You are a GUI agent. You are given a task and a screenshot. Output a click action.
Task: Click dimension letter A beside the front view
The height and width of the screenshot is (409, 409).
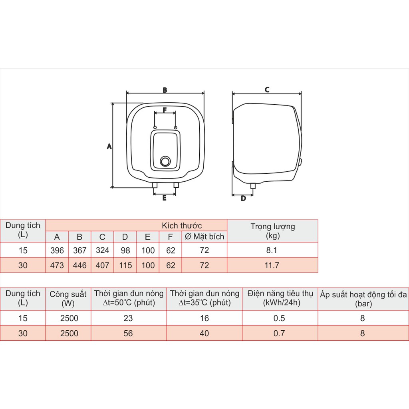[109, 146]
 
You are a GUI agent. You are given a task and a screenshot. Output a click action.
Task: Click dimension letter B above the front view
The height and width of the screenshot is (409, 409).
[165, 90]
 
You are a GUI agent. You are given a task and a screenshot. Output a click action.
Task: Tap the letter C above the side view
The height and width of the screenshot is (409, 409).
[267, 90]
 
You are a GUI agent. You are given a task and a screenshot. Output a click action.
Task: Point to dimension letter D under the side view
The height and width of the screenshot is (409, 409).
[243, 198]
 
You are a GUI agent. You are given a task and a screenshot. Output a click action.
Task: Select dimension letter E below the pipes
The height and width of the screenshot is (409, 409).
[164, 198]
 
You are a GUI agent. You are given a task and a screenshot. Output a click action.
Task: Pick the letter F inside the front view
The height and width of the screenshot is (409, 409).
[165, 110]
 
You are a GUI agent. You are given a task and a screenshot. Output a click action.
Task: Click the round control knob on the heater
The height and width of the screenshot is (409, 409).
[165, 161]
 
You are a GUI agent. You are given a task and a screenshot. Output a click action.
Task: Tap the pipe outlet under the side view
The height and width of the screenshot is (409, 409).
[253, 186]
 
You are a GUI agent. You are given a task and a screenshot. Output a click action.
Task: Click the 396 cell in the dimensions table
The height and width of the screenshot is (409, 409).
[57, 250]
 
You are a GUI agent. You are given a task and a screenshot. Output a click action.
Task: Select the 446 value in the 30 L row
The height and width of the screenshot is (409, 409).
[79, 265]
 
